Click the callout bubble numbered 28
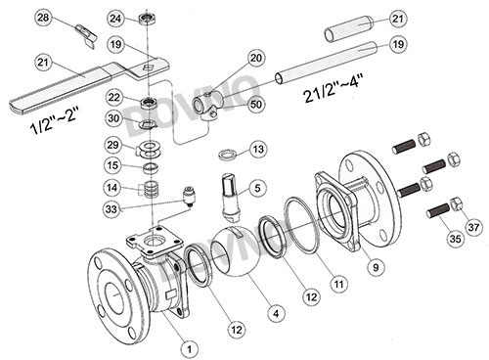pyautogui.click(x=43, y=18)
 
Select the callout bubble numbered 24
pyautogui.click(x=115, y=19)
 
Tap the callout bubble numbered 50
pyautogui.click(x=256, y=105)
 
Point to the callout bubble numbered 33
pyautogui.click(x=111, y=209)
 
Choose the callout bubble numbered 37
pyautogui.click(x=473, y=227)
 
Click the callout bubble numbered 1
pyautogui.click(x=189, y=349)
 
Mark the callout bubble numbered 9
pyautogui.click(x=376, y=267)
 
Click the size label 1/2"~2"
pyautogui.click(x=55, y=121)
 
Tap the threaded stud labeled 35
pyautogui.click(x=438, y=210)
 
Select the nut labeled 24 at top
pyautogui.click(x=146, y=20)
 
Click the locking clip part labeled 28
pyautogui.click(x=86, y=35)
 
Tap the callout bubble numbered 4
pyautogui.click(x=276, y=314)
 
